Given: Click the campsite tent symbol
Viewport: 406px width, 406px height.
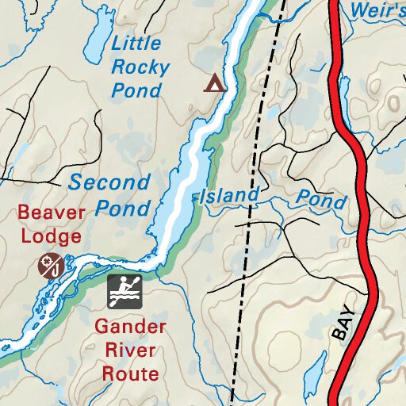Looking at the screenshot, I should pos(213,82).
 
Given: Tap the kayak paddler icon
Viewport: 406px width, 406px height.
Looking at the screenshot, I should pos(124,293).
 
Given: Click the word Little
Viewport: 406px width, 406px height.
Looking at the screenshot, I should pos(136,44).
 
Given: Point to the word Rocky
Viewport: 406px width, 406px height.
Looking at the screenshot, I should pos(140,67).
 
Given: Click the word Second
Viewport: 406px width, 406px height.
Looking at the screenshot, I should pos(109,182).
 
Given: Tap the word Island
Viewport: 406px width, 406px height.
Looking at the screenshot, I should pos(229,195).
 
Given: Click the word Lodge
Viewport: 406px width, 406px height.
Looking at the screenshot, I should pos(51,236).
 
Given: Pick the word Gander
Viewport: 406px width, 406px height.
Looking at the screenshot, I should pos(130,327).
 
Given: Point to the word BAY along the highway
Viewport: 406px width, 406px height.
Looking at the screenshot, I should pos(347,320).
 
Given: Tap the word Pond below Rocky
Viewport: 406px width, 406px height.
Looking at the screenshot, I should pos(136,90).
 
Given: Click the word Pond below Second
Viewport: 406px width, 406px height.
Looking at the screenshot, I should pos(123,208).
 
